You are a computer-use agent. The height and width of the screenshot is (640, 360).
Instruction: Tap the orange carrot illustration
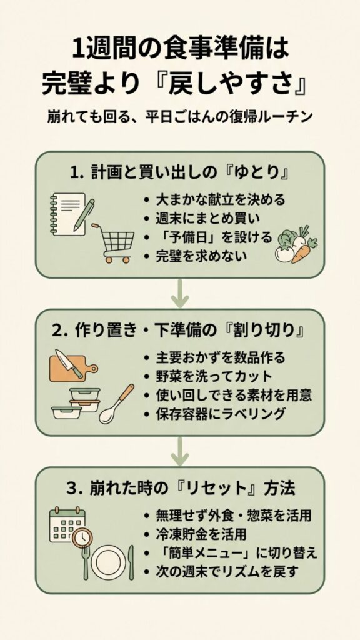point(302,251)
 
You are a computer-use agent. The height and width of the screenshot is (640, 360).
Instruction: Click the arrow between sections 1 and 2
point(180,292)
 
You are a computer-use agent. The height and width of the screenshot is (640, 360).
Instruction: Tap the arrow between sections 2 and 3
point(180,451)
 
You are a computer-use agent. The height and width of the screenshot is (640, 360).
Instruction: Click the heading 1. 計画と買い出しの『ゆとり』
point(180,171)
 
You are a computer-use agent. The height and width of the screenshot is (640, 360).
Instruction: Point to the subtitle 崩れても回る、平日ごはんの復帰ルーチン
point(180,117)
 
